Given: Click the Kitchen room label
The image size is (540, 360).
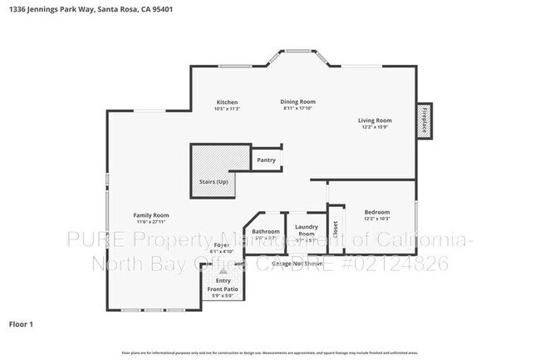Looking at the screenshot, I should [227, 102].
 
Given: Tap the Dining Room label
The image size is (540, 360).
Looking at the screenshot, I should [299, 102].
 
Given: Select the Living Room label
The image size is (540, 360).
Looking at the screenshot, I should [376, 121].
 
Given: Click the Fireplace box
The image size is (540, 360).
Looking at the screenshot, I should [424, 121].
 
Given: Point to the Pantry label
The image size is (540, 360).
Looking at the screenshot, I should [266, 160].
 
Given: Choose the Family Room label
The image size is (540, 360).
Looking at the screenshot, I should [151, 215].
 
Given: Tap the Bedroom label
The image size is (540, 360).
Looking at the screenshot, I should [377, 212].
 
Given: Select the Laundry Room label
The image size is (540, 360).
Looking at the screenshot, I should [307, 229].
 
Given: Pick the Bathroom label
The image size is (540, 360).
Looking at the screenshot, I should [266, 231].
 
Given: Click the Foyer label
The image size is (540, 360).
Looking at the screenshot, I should [222, 245].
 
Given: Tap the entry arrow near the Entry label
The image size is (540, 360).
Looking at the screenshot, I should [222, 271].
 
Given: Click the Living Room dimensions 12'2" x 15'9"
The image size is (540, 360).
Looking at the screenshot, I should [376, 127].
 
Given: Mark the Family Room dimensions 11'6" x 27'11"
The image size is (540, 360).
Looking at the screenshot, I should [151, 222].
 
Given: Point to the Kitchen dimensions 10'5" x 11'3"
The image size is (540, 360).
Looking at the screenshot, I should [227, 109].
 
